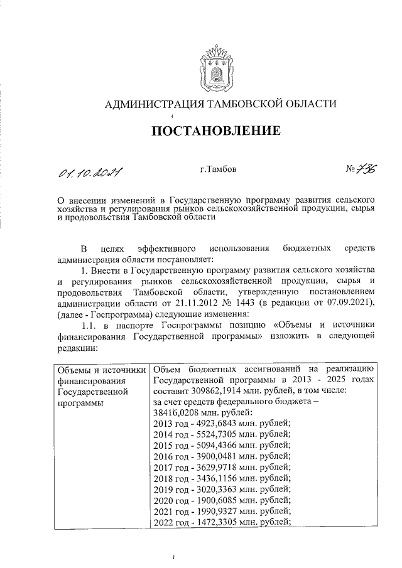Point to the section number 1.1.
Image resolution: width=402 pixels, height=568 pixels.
91,327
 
